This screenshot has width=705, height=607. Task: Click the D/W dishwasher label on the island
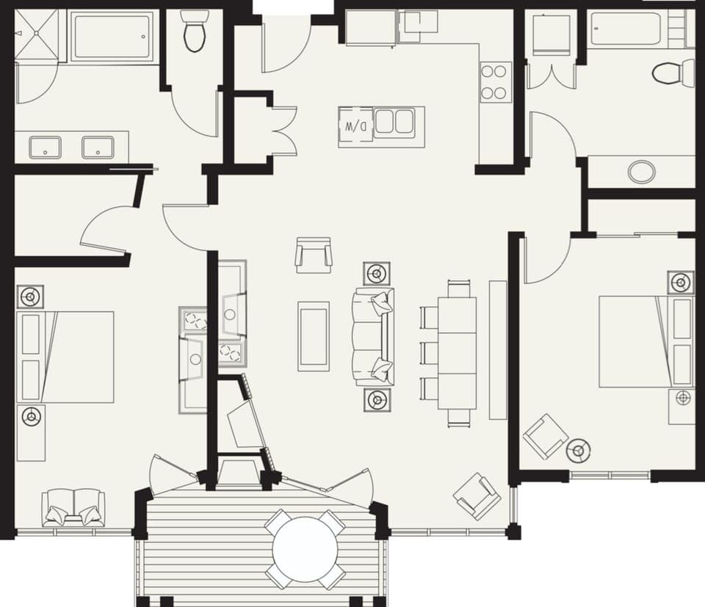(x=355, y=126)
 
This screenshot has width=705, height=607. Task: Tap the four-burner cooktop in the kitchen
(x=496, y=82)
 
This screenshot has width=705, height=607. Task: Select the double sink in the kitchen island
(x=395, y=121)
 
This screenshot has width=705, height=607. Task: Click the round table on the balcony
(x=304, y=549)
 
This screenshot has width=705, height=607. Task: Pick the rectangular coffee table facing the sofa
(x=314, y=335)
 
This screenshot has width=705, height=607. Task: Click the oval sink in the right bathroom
(x=642, y=172)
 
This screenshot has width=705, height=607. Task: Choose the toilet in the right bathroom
(x=672, y=73)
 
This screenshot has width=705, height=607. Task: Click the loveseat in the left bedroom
(x=73, y=507)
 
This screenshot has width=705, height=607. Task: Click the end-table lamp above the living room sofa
(x=377, y=274)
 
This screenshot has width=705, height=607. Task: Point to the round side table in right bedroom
(x=579, y=450)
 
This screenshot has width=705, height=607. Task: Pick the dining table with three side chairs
(x=457, y=352)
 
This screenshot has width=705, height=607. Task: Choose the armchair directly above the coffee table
(x=314, y=255)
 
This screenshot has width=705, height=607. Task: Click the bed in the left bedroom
(x=66, y=356)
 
